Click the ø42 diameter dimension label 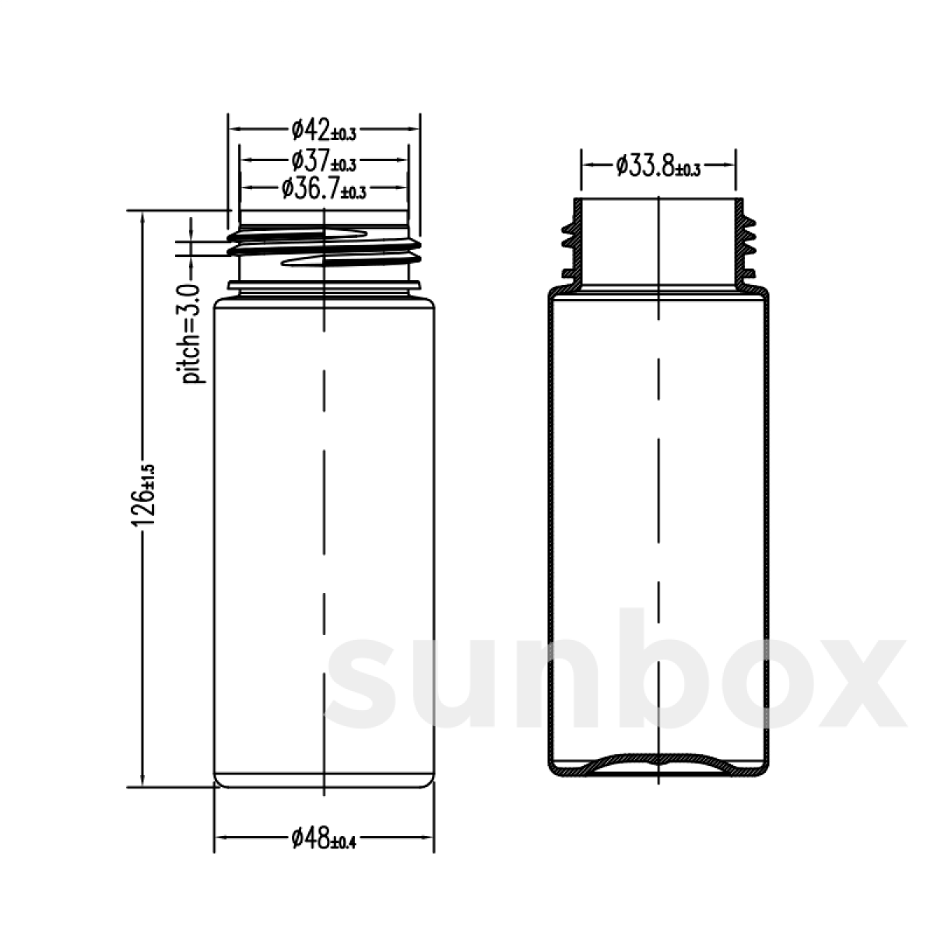[x=324, y=130]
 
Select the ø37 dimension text [x=324, y=161]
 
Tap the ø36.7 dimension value [x=324, y=188]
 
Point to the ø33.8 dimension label [x=658, y=166]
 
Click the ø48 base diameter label [x=324, y=851]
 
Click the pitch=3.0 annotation [x=191, y=334]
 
